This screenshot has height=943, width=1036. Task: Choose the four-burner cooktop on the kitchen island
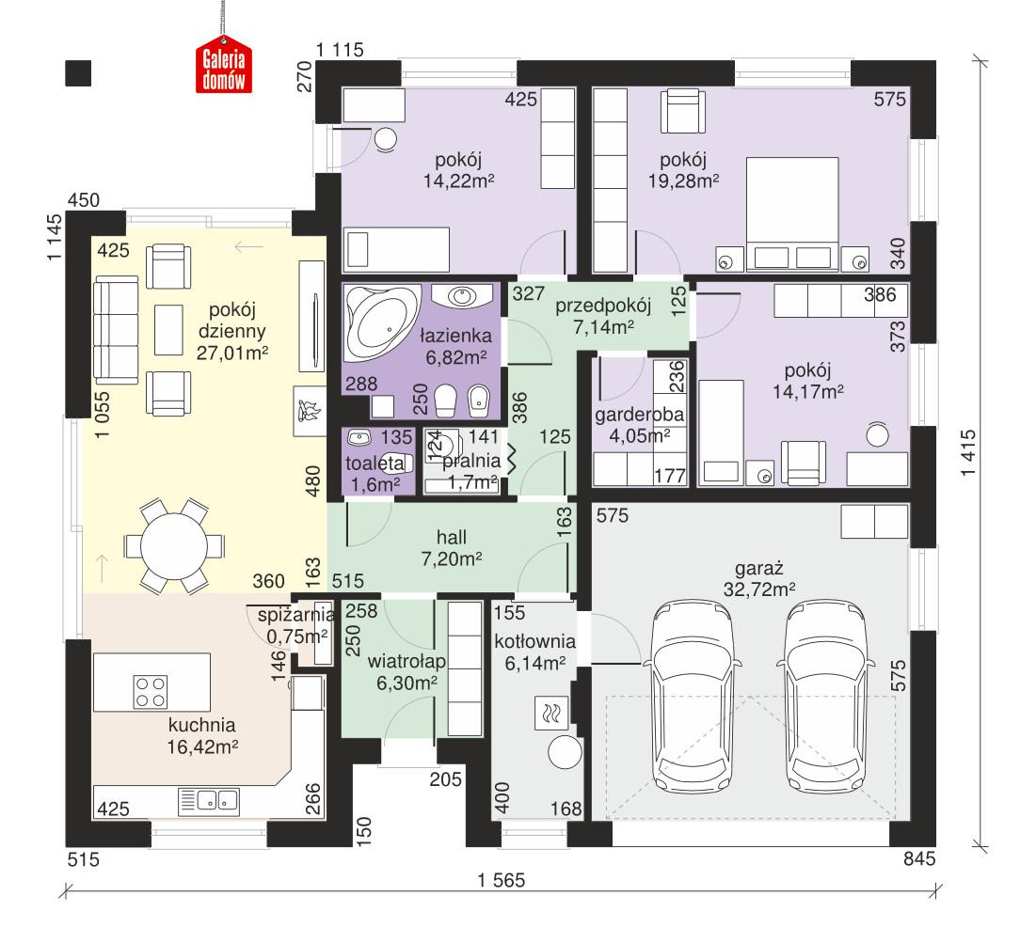(151, 691)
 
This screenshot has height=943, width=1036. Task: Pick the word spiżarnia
(296, 615)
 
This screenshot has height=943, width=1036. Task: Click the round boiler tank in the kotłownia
(566, 755)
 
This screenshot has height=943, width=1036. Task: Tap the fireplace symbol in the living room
(308, 412)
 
